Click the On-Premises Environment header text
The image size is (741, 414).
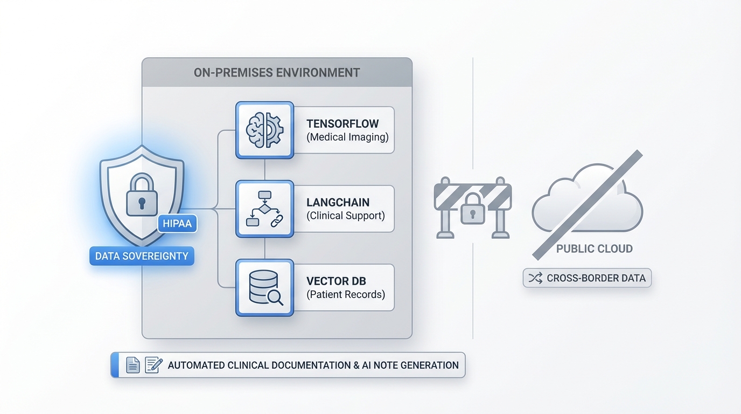coord(277,73)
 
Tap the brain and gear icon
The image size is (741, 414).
coord(264,130)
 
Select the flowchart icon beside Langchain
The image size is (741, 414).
coord(264,209)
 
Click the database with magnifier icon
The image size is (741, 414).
coord(264,288)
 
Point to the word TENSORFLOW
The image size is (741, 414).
coord(342,124)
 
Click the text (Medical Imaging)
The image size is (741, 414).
coord(347,137)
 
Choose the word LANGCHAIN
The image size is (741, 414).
coord(338,203)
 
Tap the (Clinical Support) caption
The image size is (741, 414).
coord(346,216)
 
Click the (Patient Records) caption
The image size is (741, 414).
coord(346,294)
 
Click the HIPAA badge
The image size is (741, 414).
coord(177,223)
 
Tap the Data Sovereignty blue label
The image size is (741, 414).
coord(142,256)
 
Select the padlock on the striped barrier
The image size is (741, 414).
coord(473,209)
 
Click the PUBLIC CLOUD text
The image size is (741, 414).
coord(595,249)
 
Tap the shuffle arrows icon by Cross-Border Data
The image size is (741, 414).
coord(535,278)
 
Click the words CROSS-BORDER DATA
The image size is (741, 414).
coord(596,278)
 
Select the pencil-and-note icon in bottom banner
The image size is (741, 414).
coord(153,365)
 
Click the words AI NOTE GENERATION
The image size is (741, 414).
coord(410,365)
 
